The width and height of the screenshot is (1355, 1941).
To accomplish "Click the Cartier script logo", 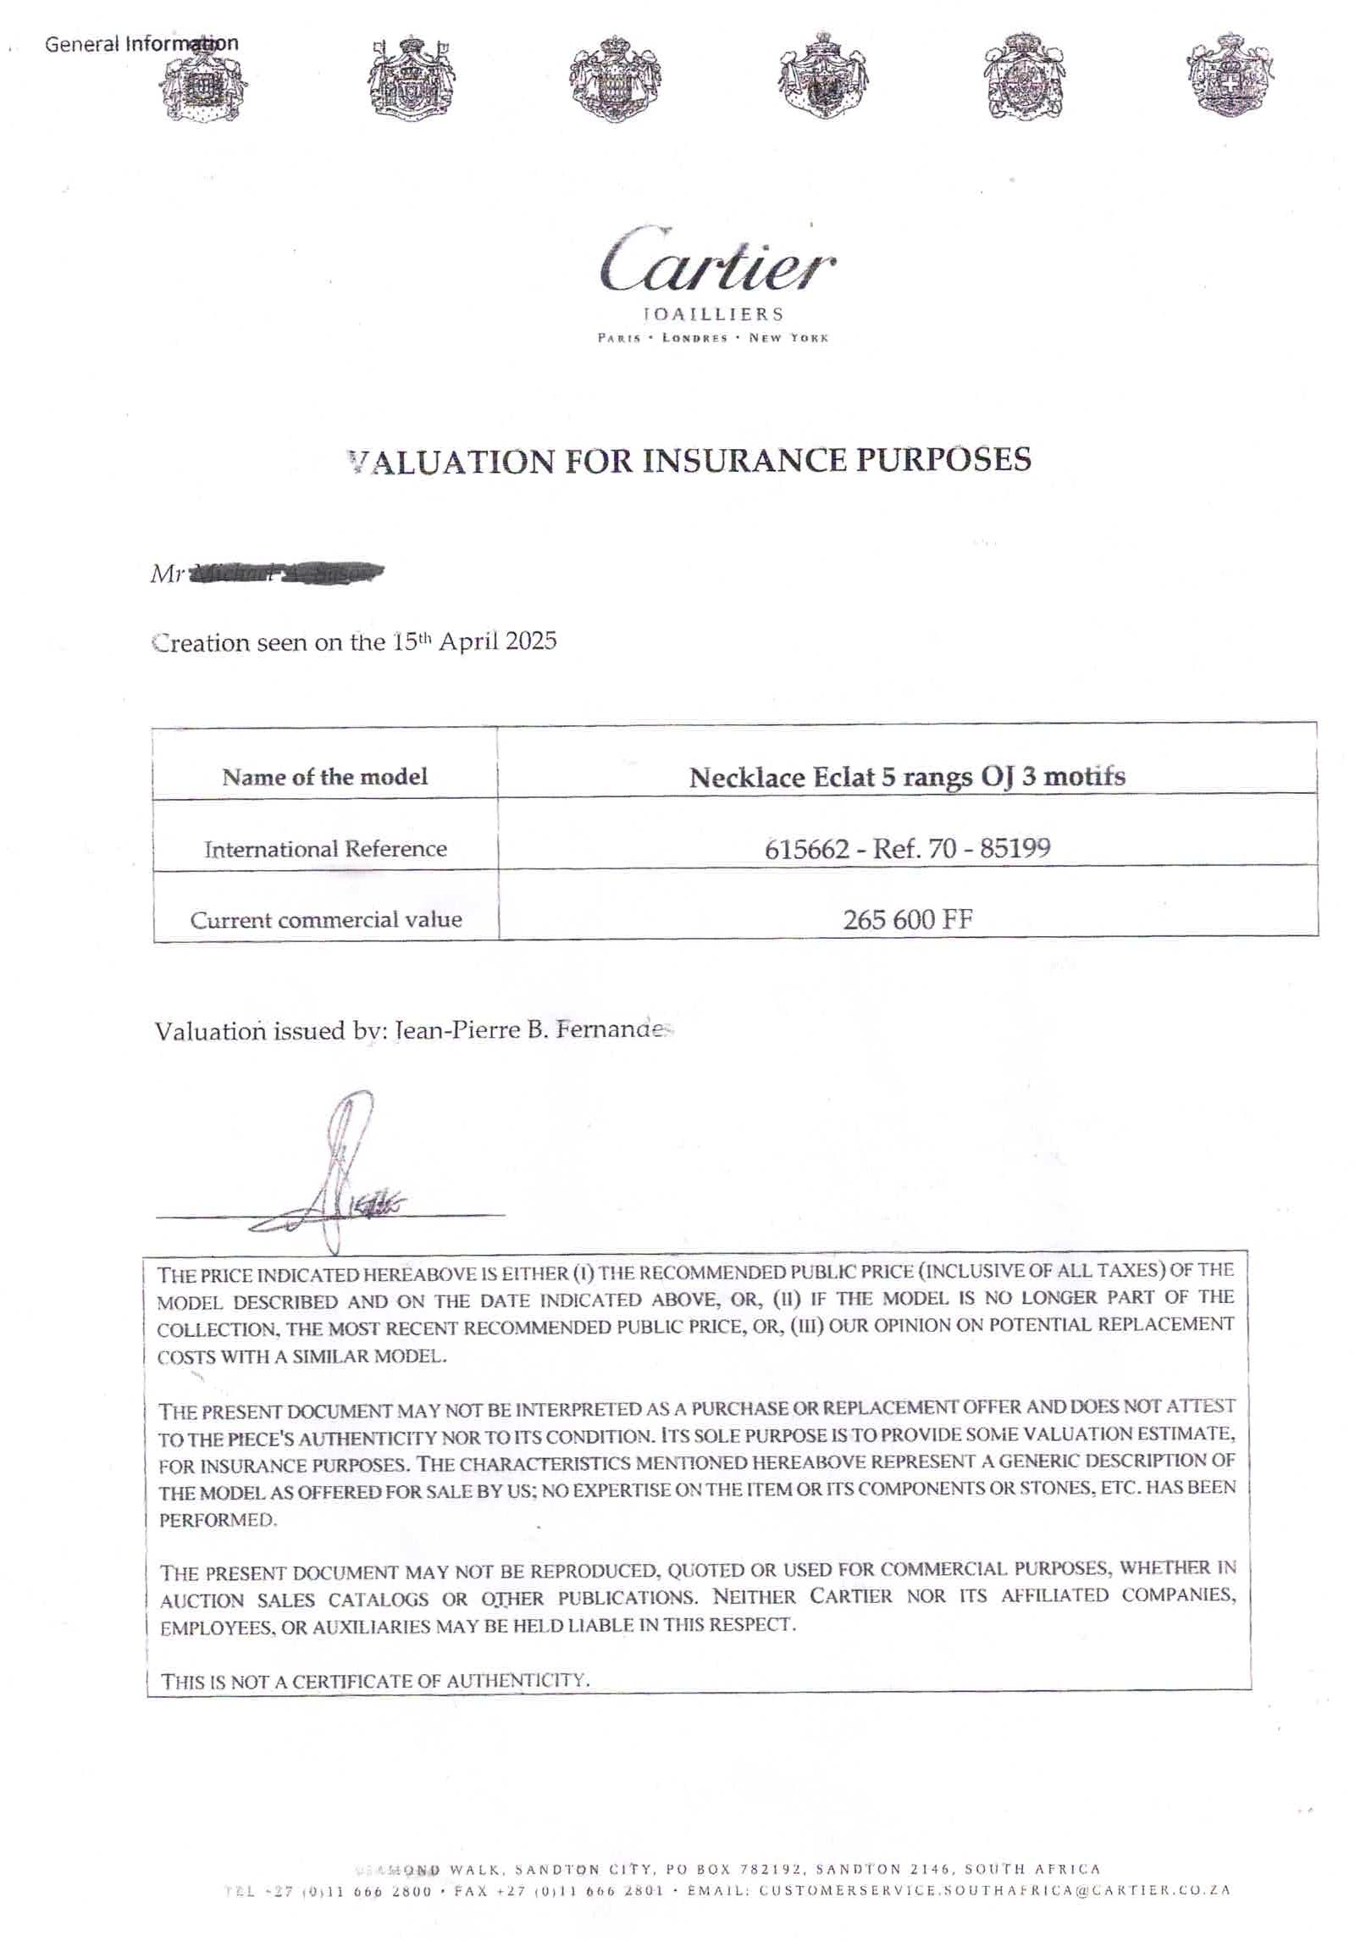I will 716,259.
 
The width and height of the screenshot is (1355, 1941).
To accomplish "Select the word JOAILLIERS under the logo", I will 714,314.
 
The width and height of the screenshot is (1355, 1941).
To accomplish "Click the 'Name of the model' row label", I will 324,777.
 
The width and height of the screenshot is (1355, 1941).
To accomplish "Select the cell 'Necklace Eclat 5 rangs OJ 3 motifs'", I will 906,777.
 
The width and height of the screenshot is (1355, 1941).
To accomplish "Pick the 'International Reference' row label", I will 324,849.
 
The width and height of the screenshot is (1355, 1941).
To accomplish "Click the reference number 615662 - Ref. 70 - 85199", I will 907,848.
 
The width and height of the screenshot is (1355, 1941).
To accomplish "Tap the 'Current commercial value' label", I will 325,920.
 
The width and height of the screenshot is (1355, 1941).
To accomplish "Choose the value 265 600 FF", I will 907,919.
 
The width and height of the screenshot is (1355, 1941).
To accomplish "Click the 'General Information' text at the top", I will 141,43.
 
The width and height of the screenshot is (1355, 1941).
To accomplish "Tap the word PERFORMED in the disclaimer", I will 218,1519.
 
